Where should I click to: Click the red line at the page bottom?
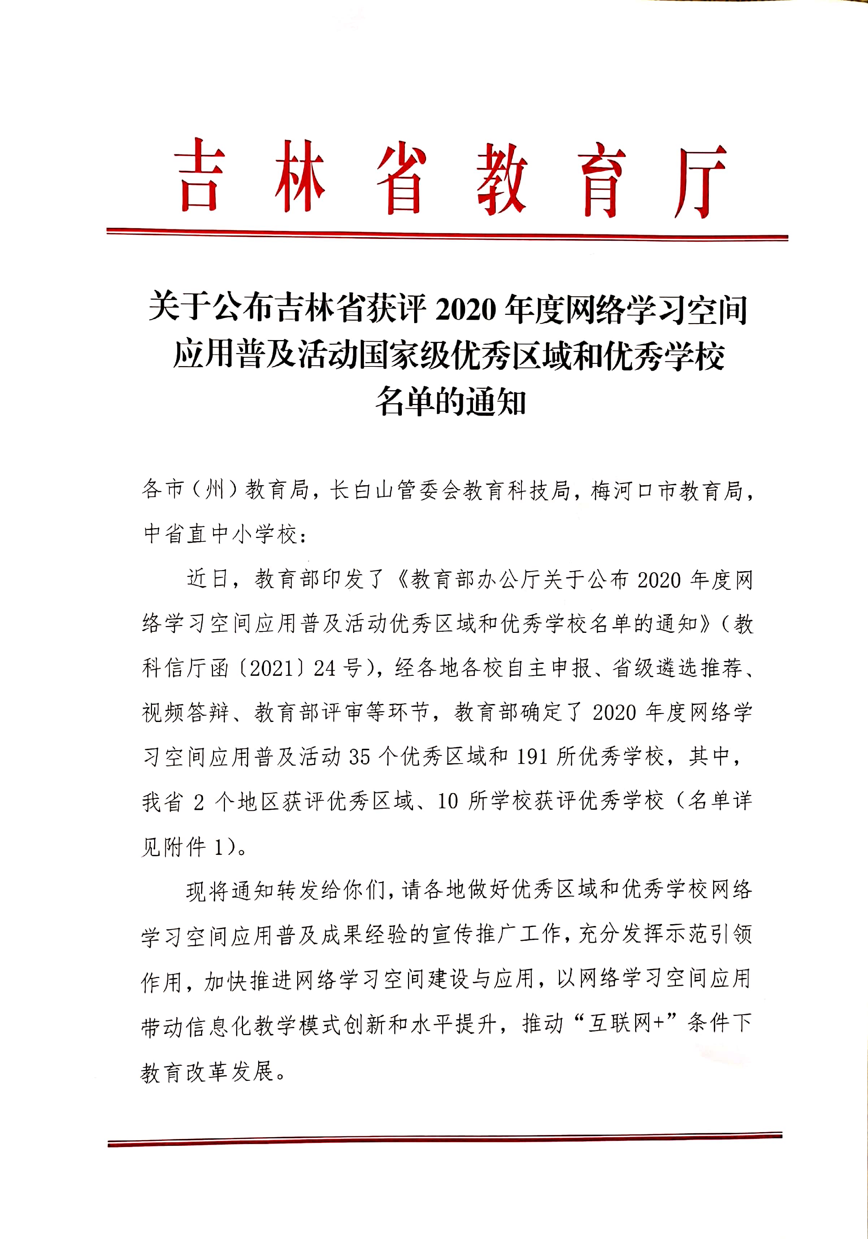tap(445, 1139)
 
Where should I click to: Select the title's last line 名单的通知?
tap(451, 402)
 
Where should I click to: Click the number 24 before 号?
tap(325, 669)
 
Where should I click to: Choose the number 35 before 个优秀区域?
tap(360, 757)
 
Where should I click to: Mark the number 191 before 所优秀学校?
tap(532, 757)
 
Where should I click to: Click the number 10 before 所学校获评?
tap(447, 801)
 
